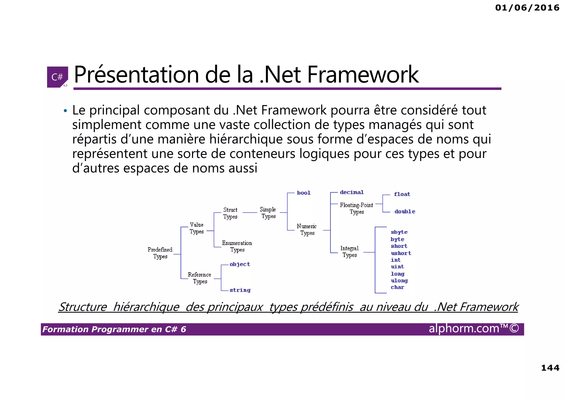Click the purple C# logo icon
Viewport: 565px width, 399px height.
(57, 77)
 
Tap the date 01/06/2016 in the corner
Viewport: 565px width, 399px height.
(527, 8)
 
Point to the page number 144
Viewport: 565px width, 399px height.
(550, 368)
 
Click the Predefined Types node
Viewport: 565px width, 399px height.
(160, 253)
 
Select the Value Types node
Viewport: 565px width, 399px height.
(197, 228)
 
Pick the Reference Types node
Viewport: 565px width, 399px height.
(199, 278)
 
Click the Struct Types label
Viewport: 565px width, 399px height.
(230, 213)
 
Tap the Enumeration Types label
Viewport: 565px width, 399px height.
(237, 246)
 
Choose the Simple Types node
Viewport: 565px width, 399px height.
(268, 213)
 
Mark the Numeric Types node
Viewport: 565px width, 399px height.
(307, 229)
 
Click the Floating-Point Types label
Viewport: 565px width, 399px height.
(356, 208)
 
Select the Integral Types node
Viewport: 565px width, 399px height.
(350, 251)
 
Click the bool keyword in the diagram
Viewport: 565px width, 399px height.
(304, 193)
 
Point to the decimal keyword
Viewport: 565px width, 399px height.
(352, 192)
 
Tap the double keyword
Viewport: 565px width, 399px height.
(405, 211)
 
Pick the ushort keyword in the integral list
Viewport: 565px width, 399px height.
(401, 253)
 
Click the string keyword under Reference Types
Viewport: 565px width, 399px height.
(240, 290)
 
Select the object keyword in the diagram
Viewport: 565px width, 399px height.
(240, 264)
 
